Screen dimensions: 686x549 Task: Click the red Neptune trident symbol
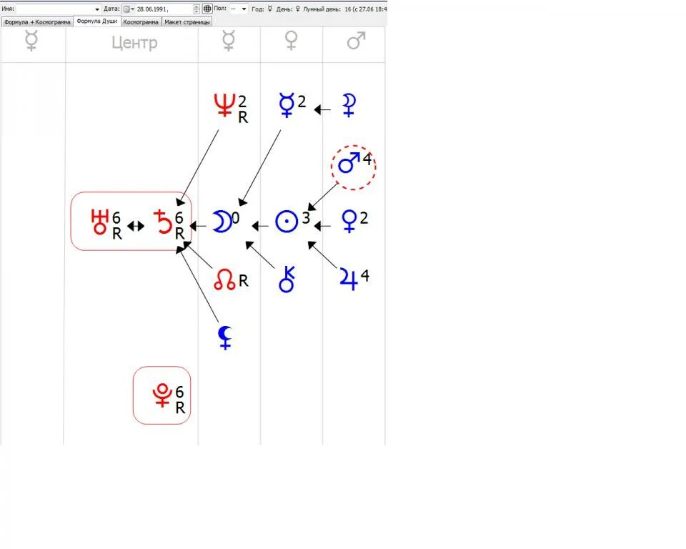pyautogui.click(x=225, y=106)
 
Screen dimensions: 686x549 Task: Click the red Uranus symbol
pyautogui.click(x=99, y=222)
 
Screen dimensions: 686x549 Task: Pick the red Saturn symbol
pyautogui.click(x=164, y=222)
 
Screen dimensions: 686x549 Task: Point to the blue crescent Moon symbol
pyautogui.click(x=222, y=222)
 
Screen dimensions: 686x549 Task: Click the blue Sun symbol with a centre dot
pyautogui.click(x=287, y=222)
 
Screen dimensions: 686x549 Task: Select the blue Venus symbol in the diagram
pyautogui.click(x=349, y=220)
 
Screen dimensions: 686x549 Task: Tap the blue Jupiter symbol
pyautogui.click(x=349, y=278)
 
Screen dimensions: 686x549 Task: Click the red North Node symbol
pyautogui.click(x=225, y=281)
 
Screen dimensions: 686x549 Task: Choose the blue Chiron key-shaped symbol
pyautogui.click(x=287, y=279)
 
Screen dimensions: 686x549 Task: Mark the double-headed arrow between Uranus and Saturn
pyautogui.click(x=136, y=226)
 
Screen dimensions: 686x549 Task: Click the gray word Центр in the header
pyautogui.click(x=134, y=43)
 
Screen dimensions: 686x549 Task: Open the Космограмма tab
pyautogui.click(x=141, y=21)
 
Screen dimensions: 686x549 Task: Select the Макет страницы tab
pyautogui.click(x=187, y=21)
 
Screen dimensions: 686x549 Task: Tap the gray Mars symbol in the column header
pyautogui.click(x=356, y=41)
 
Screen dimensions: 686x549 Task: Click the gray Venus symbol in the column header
pyautogui.click(x=292, y=41)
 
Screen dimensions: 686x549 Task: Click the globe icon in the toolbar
pyautogui.click(x=207, y=9)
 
